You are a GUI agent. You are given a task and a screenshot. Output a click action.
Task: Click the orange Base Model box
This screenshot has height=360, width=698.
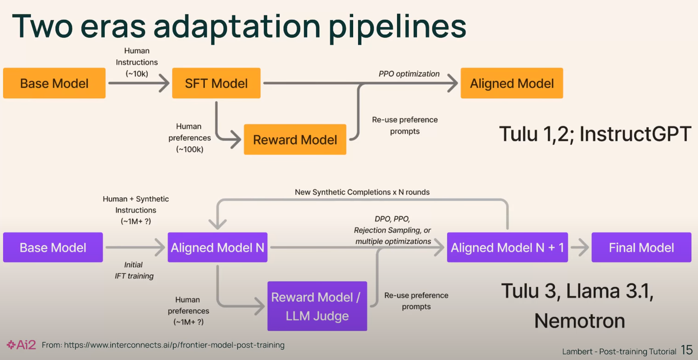pos(54,83)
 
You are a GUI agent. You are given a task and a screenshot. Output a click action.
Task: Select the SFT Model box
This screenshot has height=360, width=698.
pos(216,83)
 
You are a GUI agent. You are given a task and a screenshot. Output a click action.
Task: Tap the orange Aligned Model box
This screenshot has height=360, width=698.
pos(512,83)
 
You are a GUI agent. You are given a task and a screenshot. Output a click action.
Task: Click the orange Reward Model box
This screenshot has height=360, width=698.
pos(295,140)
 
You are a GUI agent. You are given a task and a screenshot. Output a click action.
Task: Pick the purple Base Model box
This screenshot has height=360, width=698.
pos(53,248)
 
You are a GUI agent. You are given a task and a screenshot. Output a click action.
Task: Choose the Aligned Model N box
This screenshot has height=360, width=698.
pos(218,248)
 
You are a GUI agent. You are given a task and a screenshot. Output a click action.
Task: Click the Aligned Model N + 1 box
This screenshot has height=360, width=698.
pos(507,248)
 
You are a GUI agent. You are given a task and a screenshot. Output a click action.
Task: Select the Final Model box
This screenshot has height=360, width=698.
pos(641,248)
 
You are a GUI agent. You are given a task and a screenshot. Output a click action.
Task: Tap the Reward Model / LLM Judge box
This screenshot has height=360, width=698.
pos(317,306)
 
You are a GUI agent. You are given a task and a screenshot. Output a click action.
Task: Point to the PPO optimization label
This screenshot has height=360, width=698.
pos(409,74)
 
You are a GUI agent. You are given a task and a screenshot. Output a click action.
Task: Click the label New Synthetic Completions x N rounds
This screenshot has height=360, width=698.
pos(362,192)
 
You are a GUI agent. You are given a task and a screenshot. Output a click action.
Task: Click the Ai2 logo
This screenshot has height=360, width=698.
pos(21,345)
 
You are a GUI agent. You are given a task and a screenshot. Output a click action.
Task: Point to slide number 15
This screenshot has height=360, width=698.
pos(687,350)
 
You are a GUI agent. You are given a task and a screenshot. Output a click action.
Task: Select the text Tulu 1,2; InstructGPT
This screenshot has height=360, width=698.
pos(595,134)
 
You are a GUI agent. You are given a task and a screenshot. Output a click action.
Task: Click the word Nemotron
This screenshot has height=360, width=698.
pos(580,321)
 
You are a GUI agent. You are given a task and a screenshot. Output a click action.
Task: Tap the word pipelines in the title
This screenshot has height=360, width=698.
pos(397,26)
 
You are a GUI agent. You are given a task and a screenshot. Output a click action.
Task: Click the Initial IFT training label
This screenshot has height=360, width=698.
pos(134,270)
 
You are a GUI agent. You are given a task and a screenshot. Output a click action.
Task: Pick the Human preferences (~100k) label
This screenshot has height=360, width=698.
pos(190,138)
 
